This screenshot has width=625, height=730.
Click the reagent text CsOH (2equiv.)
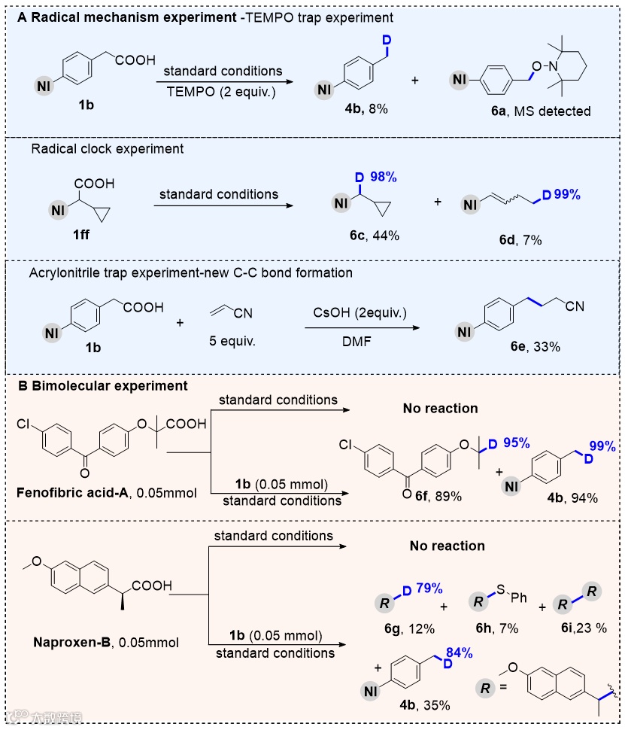click(360, 310)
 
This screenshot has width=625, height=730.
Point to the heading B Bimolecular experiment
click(102, 386)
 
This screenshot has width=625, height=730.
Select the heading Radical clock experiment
click(108, 149)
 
